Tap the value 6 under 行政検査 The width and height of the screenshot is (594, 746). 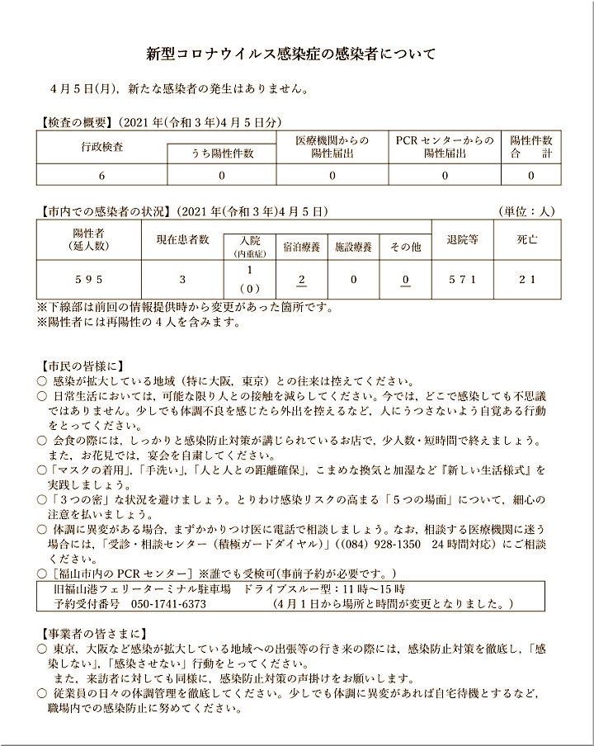101,175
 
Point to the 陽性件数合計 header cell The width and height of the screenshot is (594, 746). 531,146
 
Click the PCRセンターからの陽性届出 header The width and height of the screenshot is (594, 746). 445,146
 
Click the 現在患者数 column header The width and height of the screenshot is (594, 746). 182,239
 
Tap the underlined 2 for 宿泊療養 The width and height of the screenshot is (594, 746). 302,279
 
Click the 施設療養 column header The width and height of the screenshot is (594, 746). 353,246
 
